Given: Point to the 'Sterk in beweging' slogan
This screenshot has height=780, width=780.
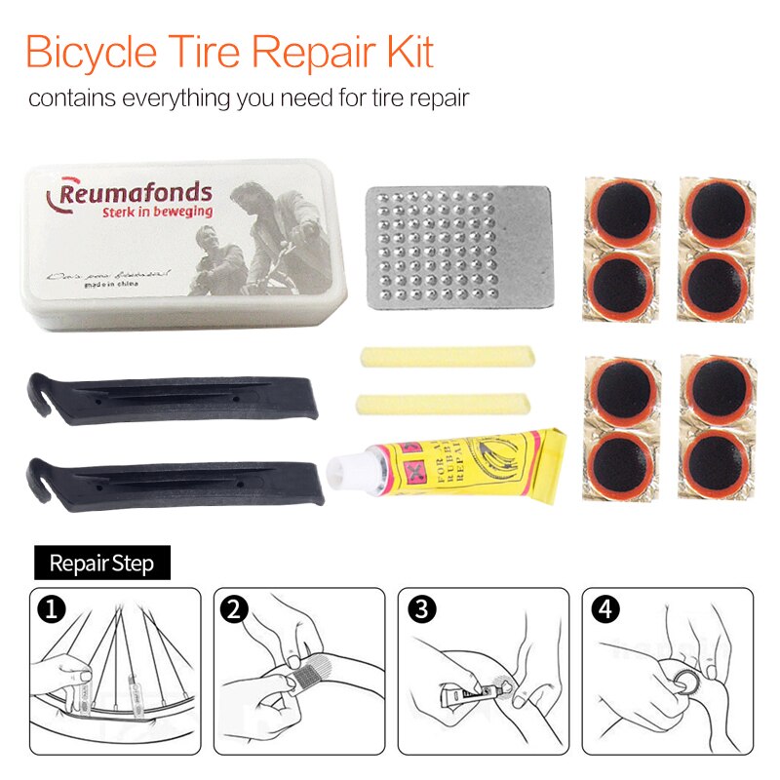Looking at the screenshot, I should (157, 212).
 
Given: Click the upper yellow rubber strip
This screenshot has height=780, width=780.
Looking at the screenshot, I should (447, 357).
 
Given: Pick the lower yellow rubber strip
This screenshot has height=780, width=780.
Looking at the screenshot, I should (444, 402).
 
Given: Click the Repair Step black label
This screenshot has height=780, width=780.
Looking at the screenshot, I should (101, 563).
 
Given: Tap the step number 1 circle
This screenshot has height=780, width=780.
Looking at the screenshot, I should (51, 610).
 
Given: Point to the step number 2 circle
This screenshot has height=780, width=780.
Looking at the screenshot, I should (234, 610).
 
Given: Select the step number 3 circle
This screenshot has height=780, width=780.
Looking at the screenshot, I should (421, 610).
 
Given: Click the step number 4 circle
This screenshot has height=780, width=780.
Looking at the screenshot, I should (604, 610).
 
